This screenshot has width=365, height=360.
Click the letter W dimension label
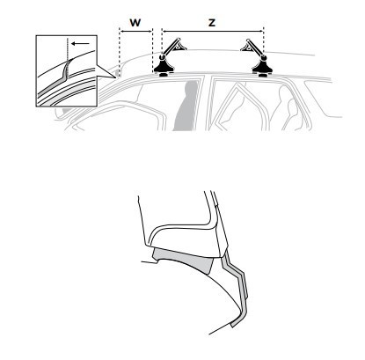135,22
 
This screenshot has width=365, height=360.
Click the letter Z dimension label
212,23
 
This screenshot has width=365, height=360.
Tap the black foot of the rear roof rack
262,67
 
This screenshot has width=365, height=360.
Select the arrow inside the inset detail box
81,44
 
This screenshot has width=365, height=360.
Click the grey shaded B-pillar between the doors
186,106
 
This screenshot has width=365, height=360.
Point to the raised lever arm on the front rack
172,47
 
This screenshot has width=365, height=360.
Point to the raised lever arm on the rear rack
252,47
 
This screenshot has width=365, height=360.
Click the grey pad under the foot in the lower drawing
184,259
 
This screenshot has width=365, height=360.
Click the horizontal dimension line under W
136,31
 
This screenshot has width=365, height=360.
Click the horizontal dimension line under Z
213,31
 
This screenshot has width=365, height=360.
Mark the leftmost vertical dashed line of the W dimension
120,51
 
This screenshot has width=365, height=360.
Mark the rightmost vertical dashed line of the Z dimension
264,41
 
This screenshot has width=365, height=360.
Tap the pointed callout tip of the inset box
115,77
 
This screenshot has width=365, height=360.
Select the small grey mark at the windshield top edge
118,72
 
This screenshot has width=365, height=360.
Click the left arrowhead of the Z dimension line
164,31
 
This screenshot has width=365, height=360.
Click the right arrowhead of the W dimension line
151,31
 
